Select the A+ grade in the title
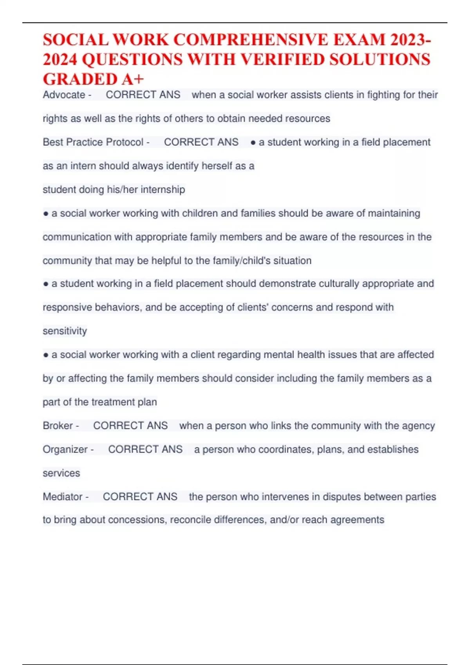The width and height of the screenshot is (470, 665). [133, 79]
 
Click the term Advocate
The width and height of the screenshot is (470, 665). [64, 95]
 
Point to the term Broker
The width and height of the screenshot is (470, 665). [58, 426]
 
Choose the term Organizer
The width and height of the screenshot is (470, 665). [65, 449]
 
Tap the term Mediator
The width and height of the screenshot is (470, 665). [63, 496]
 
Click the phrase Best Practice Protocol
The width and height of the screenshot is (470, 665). [93, 142]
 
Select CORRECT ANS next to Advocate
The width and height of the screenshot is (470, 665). [143, 95]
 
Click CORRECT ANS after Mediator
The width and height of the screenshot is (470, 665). [140, 496]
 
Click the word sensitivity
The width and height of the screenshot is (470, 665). [65, 331]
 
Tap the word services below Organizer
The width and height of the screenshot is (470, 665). [61, 473]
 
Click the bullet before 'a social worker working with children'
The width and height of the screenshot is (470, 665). [46, 214]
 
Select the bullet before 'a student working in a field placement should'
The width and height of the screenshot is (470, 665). [46, 284]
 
